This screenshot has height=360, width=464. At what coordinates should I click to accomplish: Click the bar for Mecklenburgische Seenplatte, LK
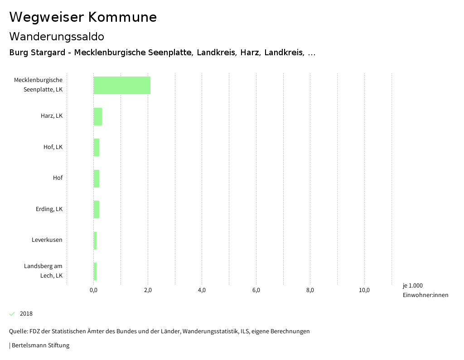tap(122, 85)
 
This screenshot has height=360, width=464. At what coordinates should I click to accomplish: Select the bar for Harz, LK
tap(98, 116)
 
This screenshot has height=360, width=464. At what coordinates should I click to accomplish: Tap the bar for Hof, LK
tap(97, 147)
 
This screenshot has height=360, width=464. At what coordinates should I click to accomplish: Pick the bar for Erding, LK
tap(97, 209)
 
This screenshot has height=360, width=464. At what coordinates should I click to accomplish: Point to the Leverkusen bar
tap(95, 240)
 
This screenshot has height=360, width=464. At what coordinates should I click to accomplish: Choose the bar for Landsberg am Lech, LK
tap(95, 271)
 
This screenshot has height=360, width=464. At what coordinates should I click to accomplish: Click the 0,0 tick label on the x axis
tap(94, 290)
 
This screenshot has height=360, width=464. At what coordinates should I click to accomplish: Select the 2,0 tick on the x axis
tap(148, 290)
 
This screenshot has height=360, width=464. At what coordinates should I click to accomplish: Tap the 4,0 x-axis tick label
tap(202, 290)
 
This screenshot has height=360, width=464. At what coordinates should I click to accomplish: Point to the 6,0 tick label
tap(256, 290)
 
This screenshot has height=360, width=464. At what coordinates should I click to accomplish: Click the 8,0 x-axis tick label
tap(310, 290)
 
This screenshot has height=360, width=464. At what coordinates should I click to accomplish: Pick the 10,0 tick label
tap(364, 290)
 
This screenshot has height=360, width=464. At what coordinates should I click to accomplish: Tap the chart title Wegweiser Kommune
tap(83, 17)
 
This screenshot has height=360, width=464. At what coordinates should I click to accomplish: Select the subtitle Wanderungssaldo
tap(57, 36)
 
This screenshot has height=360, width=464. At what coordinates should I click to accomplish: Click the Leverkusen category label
tap(47, 240)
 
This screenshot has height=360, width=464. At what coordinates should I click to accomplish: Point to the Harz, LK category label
tap(52, 116)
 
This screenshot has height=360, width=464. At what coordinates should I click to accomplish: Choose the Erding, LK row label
tap(49, 209)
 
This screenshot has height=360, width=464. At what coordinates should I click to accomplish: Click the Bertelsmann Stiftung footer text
tap(40, 346)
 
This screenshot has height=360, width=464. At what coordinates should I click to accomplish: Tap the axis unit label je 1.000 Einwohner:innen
tap(425, 290)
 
